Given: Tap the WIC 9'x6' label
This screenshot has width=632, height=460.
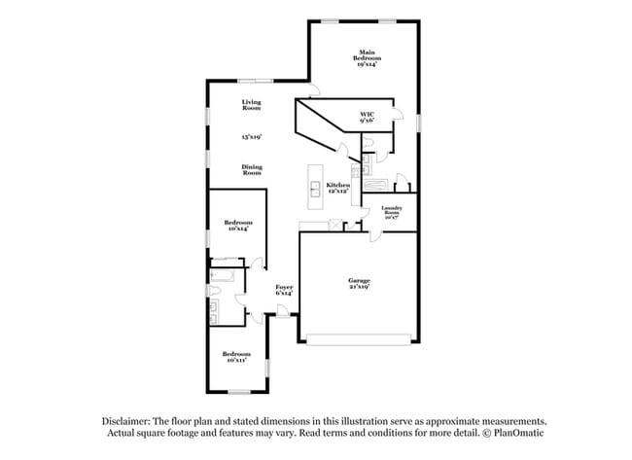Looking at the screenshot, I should click(368, 118).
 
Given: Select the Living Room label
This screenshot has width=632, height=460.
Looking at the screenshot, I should click(252, 105).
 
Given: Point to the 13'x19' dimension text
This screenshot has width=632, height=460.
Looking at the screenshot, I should click(252, 137).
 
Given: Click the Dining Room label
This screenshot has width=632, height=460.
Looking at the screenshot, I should click(252, 169).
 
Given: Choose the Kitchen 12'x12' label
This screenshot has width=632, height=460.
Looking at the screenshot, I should click(337, 188).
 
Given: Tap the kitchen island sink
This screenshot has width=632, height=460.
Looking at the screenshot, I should click(315, 187).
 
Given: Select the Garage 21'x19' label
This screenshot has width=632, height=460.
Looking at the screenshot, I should click(359, 285).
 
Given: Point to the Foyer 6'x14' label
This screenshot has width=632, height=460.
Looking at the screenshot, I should click(284, 289).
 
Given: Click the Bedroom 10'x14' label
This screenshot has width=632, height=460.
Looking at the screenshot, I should click(238, 226).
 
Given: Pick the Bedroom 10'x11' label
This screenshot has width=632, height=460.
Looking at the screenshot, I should click(236, 356).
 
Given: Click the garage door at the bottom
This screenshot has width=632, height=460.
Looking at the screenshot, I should click(360, 338).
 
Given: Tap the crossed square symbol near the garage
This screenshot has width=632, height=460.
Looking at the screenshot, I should click(335, 225).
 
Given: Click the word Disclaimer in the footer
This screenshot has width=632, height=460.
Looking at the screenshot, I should click(127, 420).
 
